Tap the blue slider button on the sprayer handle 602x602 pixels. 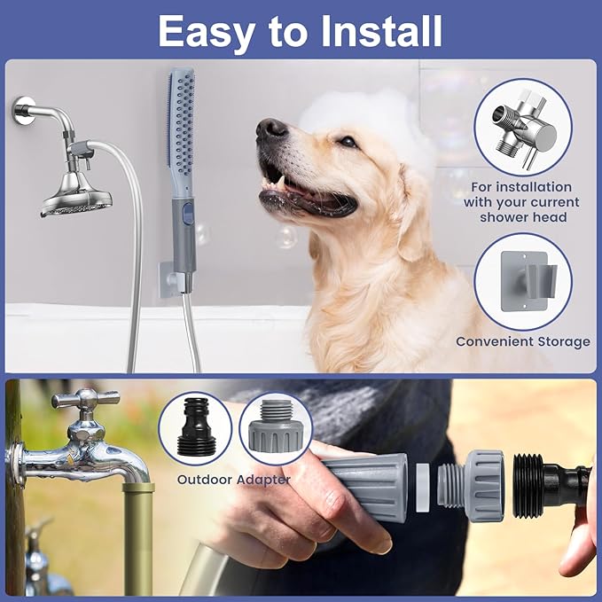tap(185, 211)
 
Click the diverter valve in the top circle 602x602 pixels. tap(522, 129)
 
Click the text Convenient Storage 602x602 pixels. tap(522, 341)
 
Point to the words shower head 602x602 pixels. tap(522, 217)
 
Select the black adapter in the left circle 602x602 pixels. tap(195, 428)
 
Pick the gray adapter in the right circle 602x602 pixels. tap(276, 428)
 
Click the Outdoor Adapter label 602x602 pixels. tap(233, 480)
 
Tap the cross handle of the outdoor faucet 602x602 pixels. tap(85, 399)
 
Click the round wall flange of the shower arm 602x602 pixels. tap(22, 112)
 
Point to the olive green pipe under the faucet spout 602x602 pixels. tap(137, 532)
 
